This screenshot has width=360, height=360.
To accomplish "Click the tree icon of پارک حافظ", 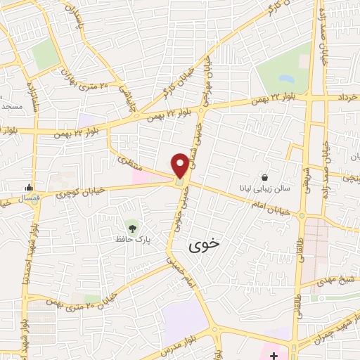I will click(x=131, y=226).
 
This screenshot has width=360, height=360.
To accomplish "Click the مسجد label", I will click(x=11, y=106).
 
